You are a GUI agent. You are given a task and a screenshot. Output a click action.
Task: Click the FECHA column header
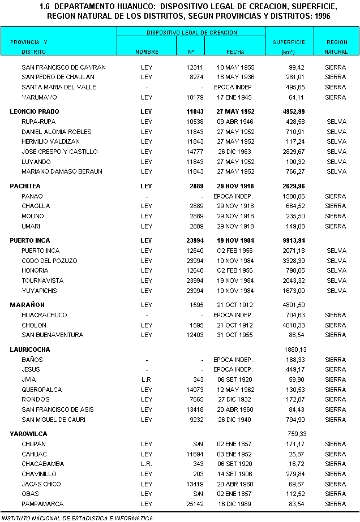(235, 52)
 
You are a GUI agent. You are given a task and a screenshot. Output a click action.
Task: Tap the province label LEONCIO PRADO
(35, 111)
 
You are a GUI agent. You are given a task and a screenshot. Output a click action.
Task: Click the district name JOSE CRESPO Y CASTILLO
(59, 152)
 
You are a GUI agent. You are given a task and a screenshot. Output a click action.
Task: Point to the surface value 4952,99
(293, 111)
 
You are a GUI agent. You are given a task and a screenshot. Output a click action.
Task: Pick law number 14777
(194, 152)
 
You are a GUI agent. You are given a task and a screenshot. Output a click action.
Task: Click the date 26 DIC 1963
(235, 152)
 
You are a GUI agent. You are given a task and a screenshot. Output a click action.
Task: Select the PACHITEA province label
(25, 186)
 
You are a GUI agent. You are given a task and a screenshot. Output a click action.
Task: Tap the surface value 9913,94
(293, 240)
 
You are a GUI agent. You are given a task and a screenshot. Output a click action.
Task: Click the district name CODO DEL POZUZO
(49, 261)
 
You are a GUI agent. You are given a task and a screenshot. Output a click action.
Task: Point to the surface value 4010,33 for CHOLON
(294, 325)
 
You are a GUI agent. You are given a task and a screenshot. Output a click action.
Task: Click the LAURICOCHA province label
(30, 350)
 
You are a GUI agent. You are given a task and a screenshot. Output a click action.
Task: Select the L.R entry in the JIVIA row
(147, 379)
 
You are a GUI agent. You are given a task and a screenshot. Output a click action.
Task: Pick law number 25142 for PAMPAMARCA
(194, 504)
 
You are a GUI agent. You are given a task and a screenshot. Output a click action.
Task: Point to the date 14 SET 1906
(235, 474)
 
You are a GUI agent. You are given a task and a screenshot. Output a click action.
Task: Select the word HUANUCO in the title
(124, 7)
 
